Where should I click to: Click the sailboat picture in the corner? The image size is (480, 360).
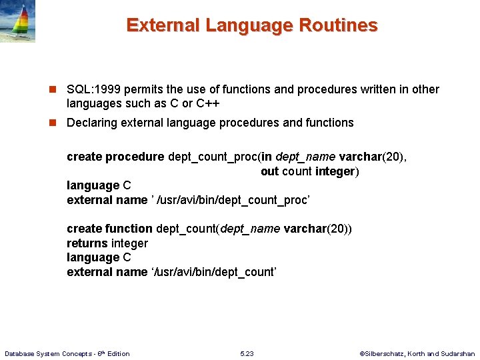coord(18,21)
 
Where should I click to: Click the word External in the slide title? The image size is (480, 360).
coord(163,25)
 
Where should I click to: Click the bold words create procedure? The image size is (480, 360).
coord(115,157)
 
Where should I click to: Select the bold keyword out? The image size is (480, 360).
coord(269,171)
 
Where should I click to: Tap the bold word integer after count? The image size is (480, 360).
coord(335,171)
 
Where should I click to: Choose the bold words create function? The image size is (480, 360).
coord(109,229)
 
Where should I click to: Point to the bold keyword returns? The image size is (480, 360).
coord(87,243)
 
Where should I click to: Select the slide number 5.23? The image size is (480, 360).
coord(247,353)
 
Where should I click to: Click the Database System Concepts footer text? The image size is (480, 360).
coord(67,353)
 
